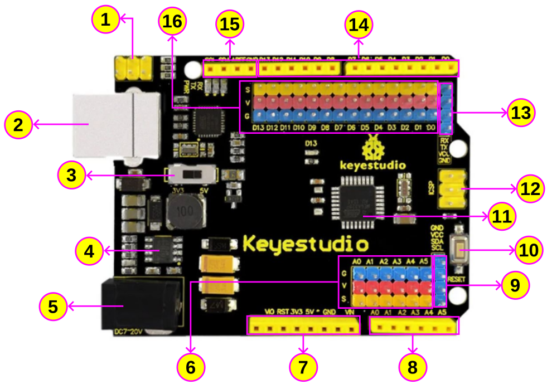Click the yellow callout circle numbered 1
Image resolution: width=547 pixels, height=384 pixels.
click(106, 21)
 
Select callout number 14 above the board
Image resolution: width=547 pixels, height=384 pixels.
click(359, 25)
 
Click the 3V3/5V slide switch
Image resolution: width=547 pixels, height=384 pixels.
click(192, 174)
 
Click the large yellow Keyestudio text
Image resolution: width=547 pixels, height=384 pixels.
click(306, 244)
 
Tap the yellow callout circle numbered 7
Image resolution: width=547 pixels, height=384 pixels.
click(303, 367)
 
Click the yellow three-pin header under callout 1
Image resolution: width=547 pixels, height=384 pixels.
click(133, 68)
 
